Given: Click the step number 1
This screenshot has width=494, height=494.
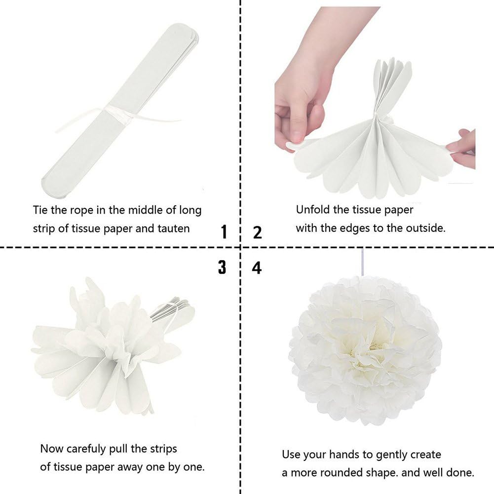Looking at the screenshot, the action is [224, 232].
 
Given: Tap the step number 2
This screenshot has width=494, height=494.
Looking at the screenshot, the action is [257, 232].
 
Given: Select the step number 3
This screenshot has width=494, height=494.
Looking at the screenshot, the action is [222, 267].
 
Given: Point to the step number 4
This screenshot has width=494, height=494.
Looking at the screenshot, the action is [257, 267].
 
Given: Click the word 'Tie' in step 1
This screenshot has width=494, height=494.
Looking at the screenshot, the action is [40, 210].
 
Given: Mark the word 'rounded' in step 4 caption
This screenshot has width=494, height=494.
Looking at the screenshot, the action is [343, 473].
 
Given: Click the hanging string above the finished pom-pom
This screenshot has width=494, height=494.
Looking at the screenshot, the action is [363, 262].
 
